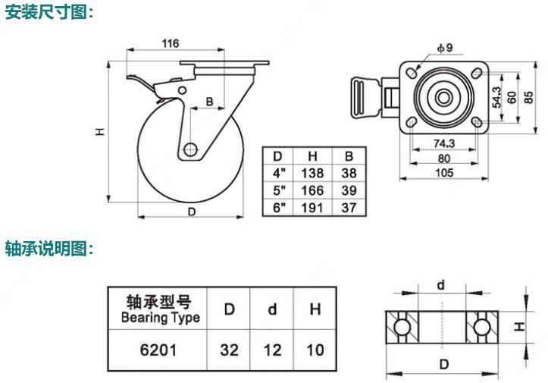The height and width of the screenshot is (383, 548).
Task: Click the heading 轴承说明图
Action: pyautogui.click(x=50, y=248)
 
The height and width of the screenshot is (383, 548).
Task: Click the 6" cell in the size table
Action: pyautogui.click(x=277, y=207)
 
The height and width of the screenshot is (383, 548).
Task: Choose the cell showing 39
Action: pyautogui.click(x=348, y=190)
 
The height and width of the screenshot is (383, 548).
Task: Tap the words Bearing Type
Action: pyautogui.click(x=161, y=317)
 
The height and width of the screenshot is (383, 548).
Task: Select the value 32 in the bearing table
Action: pyautogui.click(x=229, y=350)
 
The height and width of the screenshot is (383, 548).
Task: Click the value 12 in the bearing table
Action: pyautogui.click(x=272, y=350)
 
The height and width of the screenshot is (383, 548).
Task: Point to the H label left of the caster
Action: pyautogui.click(x=99, y=131)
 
